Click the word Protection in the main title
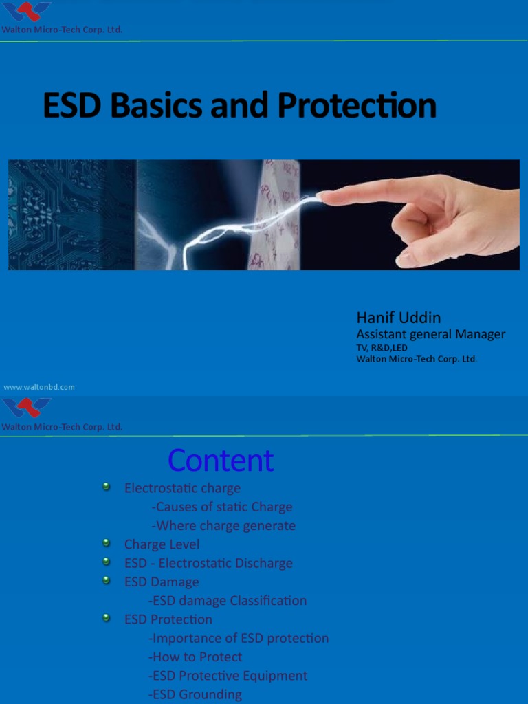pos(357,106)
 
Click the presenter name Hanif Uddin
pos(398,318)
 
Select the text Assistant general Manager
pos(430,334)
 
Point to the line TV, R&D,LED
pos(382,348)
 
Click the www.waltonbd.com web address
pos(39,387)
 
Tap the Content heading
pos(221,461)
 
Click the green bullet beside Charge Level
pos(107,543)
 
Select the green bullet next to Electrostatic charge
pos(107,487)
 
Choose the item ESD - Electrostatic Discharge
pos(208,563)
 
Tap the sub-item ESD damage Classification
pos(228,601)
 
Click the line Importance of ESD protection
pos(239,638)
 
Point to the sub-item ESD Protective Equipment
pos(228,676)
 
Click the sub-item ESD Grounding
pos(195,694)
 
